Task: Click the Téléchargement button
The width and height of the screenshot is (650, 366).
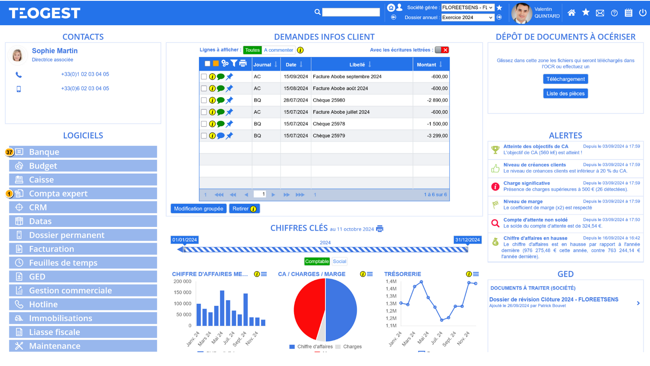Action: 565,79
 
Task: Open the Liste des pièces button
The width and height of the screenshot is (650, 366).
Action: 565,94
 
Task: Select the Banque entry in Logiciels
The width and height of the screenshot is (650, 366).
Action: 83,152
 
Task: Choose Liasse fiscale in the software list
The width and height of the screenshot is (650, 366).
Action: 83,332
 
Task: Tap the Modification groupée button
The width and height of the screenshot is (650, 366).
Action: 199,209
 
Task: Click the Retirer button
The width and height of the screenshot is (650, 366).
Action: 244,209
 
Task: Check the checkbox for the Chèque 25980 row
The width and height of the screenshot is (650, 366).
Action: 204,100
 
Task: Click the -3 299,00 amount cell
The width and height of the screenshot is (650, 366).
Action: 437,136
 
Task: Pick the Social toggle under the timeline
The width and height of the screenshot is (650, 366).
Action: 339,261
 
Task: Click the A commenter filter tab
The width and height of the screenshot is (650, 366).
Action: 278,50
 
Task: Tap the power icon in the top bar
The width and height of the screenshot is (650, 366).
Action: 642,13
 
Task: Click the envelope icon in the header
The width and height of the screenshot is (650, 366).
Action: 600,13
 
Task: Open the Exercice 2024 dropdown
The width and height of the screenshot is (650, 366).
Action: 467,17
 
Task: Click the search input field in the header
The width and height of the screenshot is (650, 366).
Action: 351,12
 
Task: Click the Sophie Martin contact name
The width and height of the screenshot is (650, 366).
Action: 55,51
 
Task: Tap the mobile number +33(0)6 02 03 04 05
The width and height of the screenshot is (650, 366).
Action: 85,88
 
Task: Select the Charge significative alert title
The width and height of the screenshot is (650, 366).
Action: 526,183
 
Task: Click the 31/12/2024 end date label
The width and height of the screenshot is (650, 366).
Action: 468,240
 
